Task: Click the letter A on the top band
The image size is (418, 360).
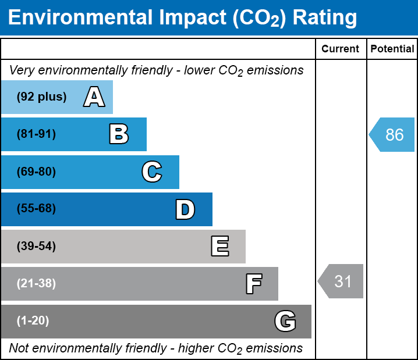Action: click(x=94, y=97)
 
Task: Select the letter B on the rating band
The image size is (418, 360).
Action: click(x=119, y=134)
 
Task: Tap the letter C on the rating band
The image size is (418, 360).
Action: click(x=151, y=172)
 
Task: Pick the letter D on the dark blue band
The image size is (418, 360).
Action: click(x=185, y=209)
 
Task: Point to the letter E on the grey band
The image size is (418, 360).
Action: click(x=219, y=247)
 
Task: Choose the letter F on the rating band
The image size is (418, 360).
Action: click(x=253, y=284)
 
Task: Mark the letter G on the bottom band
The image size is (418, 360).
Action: click(x=285, y=321)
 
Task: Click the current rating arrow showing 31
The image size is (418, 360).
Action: click(x=341, y=281)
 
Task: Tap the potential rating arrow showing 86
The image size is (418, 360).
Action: click(x=392, y=135)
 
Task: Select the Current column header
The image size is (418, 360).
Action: click(x=341, y=49)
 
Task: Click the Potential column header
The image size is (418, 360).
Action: click(x=392, y=49)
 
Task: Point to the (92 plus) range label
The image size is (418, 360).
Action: click(x=41, y=97)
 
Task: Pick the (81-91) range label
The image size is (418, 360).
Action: click(x=36, y=134)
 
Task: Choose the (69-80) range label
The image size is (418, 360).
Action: click(x=36, y=172)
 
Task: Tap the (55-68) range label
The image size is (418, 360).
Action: click(x=36, y=209)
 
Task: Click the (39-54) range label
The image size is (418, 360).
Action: click(x=36, y=247)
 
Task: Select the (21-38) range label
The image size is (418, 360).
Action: click(x=36, y=284)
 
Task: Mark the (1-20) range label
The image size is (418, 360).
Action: click(x=33, y=320)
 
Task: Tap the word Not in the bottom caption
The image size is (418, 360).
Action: click(x=19, y=348)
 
